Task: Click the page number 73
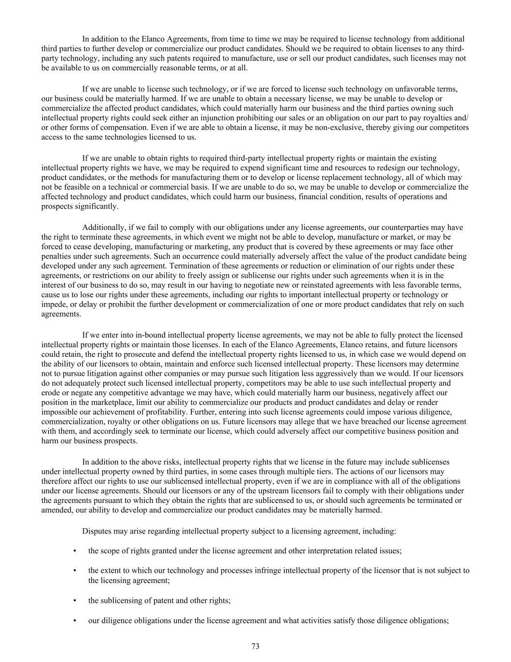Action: coord(255,646)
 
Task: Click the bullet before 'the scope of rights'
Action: coord(75,551)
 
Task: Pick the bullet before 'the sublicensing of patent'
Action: coord(75,600)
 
